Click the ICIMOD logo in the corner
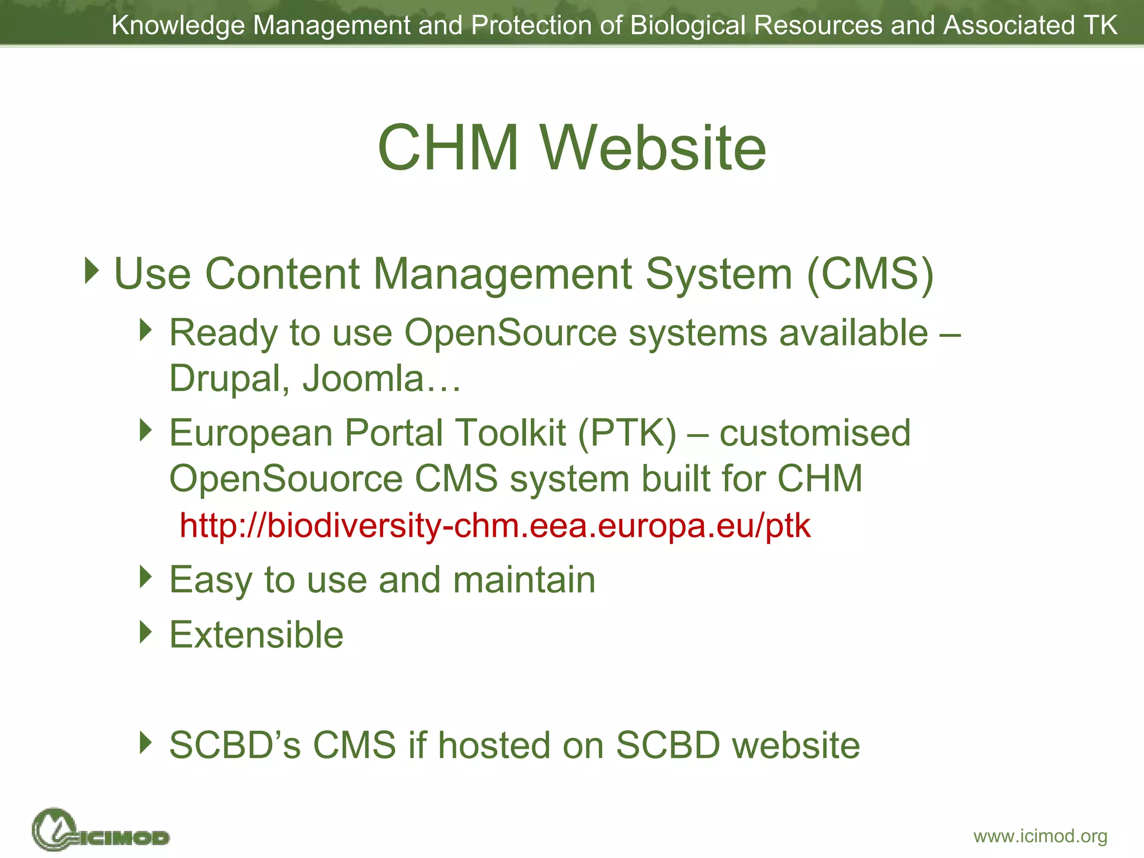(101, 831)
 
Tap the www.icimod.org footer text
(1040, 836)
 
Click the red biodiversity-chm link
(495, 526)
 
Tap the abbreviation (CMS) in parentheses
(870, 274)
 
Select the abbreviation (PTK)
(627, 433)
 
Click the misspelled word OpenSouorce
(286, 479)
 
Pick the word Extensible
(256, 635)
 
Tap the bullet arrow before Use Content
(92, 271)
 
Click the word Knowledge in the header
(178, 26)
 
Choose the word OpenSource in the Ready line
(510, 333)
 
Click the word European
(251, 433)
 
